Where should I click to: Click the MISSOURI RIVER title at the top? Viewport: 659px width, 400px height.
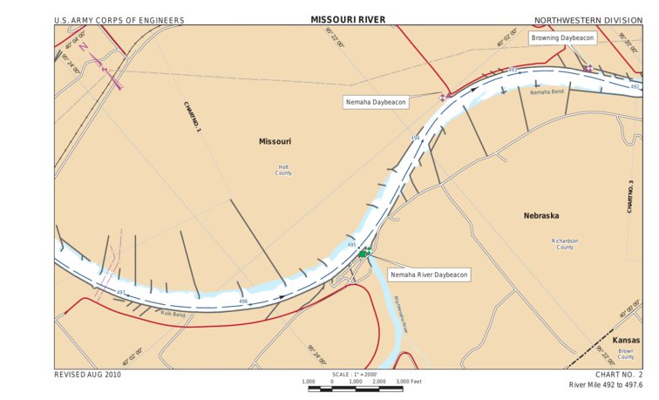pyautogui.click(x=348, y=19)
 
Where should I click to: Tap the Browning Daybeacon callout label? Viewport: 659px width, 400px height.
pyautogui.click(x=563, y=38)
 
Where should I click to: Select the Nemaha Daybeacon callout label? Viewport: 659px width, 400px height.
pyautogui.click(x=376, y=102)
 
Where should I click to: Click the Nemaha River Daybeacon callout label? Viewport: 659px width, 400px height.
pyautogui.click(x=429, y=275)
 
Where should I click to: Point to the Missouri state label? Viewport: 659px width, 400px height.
pyautogui.click(x=275, y=141)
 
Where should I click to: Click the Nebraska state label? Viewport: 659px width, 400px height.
pyautogui.click(x=541, y=215)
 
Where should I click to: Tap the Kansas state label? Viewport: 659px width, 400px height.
pyautogui.click(x=625, y=340)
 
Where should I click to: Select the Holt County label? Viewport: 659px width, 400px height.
pyautogui.click(x=283, y=170)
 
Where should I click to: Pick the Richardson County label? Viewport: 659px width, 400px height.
pyautogui.click(x=565, y=244)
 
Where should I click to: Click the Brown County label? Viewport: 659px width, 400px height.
pyautogui.click(x=626, y=354)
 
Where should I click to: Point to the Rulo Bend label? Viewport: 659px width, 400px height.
pyautogui.click(x=173, y=314)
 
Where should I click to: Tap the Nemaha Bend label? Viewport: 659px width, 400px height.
pyautogui.click(x=547, y=92)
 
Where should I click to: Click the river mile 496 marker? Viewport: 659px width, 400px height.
pyautogui.click(x=244, y=302)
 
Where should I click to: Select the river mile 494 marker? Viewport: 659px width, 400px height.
pyautogui.click(x=415, y=138)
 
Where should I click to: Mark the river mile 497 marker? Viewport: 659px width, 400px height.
pyautogui.click(x=121, y=291)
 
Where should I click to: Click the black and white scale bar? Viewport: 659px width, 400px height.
pyautogui.click(x=356, y=388)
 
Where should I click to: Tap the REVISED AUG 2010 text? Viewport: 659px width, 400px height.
pyautogui.click(x=87, y=374)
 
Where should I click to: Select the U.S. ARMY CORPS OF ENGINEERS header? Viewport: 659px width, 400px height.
pyautogui.click(x=106, y=19)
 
